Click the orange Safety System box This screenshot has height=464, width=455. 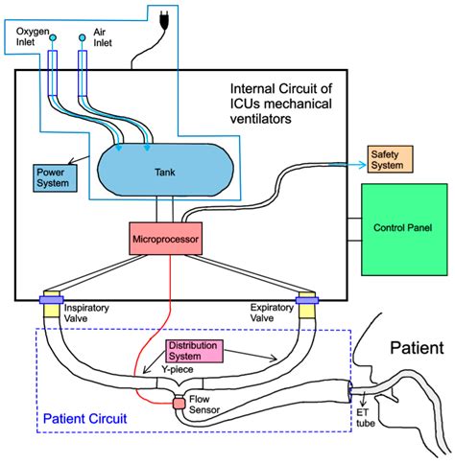click(389, 160)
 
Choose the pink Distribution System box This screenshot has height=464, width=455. click(192, 350)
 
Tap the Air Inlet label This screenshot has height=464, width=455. click(101, 38)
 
